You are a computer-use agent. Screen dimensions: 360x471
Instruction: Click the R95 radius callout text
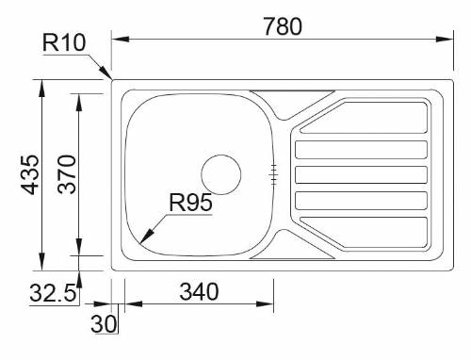coord(190,202)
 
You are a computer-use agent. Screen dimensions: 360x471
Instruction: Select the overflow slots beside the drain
coord(274,172)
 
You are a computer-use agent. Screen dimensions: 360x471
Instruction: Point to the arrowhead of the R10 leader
coord(108,76)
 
